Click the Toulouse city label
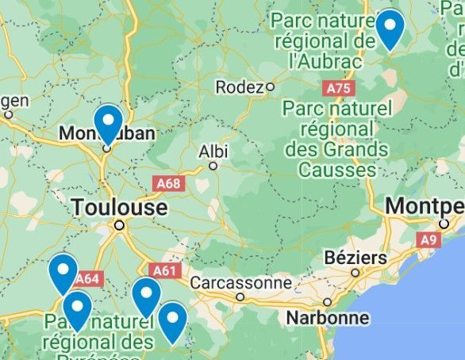click(x=120, y=208)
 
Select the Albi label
click(x=213, y=151)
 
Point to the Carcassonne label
click(x=241, y=281)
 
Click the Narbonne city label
click(x=329, y=318)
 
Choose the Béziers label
click(x=355, y=259)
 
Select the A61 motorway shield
click(x=163, y=270)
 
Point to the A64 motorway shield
click(x=86, y=278)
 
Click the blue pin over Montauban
click(x=106, y=123)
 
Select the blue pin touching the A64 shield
click(x=63, y=271)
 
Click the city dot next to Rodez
click(x=270, y=86)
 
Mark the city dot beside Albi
click(x=213, y=166)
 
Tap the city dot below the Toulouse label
click(x=119, y=225)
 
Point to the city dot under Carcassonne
click(x=240, y=297)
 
